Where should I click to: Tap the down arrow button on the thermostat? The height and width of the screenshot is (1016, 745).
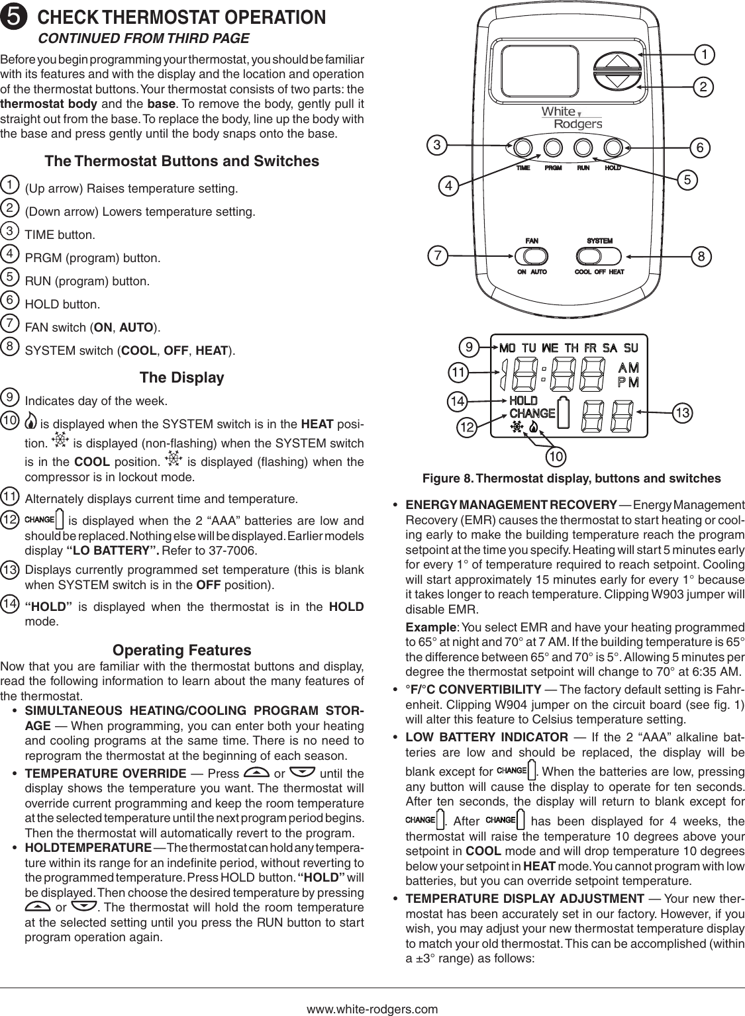(618, 83)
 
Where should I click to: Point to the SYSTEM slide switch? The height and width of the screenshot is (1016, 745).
(599, 255)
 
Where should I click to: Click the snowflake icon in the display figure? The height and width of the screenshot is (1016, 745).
(516, 428)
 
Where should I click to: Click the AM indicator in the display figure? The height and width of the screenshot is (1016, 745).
(628, 368)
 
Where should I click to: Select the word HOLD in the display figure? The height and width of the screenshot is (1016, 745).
(523, 400)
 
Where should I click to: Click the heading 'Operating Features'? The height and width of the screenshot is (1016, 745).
(182, 649)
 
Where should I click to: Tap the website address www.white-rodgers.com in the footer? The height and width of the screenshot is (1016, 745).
(372, 1009)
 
